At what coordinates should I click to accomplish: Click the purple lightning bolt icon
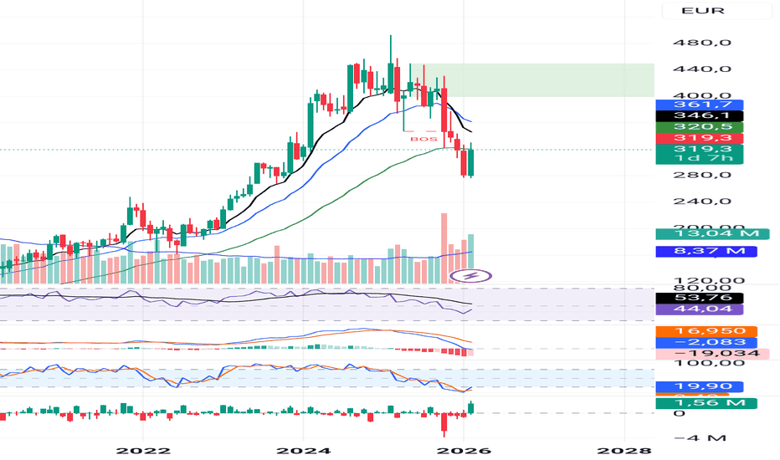click(470, 275)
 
